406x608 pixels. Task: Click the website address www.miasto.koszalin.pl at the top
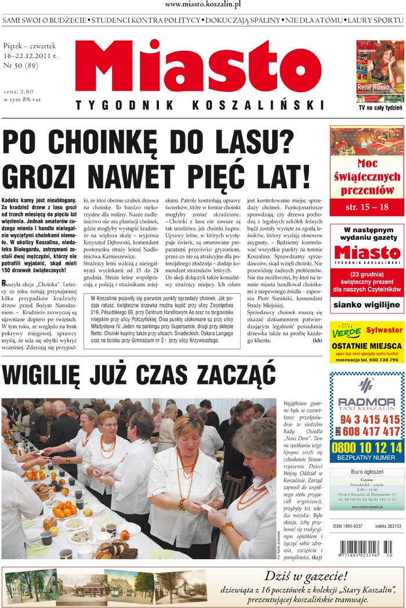coord(202,5)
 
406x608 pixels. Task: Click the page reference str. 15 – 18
coord(367,207)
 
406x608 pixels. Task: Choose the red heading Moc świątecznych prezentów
coord(367,177)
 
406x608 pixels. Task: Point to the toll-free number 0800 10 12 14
coord(367,447)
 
